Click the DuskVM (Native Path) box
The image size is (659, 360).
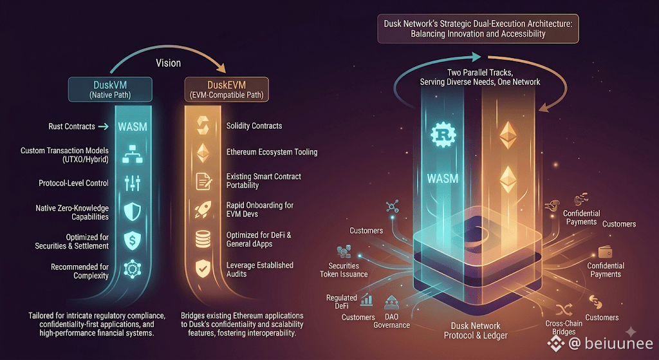click(x=110, y=89)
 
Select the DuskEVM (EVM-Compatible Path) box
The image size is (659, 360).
click(x=227, y=89)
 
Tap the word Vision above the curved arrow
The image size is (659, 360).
click(x=168, y=63)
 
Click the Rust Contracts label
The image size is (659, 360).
click(x=71, y=126)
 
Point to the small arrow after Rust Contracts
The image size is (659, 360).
click(x=104, y=126)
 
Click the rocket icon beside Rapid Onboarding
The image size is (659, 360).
click(x=203, y=209)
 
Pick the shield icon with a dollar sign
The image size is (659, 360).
click(x=133, y=240)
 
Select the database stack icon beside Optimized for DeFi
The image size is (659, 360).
click(x=203, y=239)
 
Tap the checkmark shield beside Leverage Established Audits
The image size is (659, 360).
click(x=203, y=269)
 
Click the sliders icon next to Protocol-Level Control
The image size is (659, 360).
click(x=133, y=183)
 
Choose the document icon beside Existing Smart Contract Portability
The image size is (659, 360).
click(x=204, y=181)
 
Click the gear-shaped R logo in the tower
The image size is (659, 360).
click(x=443, y=135)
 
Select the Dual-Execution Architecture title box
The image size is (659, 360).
click(x=478, y=28)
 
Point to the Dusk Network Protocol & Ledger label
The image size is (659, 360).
click(x=476, y=330)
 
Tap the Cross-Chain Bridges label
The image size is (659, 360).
click(x=564, y=328)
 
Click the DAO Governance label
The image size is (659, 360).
click(x=392, y=321)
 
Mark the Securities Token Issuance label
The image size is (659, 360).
click(x=344, y=270)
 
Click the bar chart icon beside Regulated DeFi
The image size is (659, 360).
click(x=366, y=299)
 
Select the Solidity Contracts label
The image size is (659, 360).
click(x=254, y=126)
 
